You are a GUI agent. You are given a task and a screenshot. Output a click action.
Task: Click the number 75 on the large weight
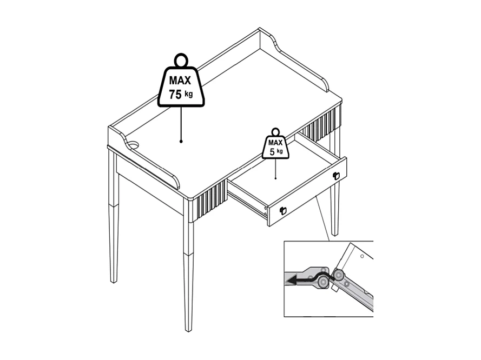coord(175,95)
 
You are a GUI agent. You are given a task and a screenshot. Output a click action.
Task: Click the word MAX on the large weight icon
coord(180,81)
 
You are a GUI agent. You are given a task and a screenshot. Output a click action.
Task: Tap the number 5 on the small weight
coord(272,152)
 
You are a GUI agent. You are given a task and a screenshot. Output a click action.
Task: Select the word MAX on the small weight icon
coord(275,143)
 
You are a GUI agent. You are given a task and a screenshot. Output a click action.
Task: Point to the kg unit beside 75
coord(188,94)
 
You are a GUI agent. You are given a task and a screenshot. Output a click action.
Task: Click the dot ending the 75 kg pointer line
coord(181,142)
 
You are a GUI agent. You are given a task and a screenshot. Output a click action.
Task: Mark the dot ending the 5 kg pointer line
coord(276,178)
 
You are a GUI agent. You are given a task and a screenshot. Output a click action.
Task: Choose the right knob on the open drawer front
coord(335,175)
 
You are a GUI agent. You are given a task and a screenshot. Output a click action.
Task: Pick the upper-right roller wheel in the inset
coord(339,275)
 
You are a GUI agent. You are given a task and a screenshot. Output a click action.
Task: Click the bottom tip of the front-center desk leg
coord(188,330)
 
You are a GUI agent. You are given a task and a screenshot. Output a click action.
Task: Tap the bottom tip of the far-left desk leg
coord(114,282)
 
